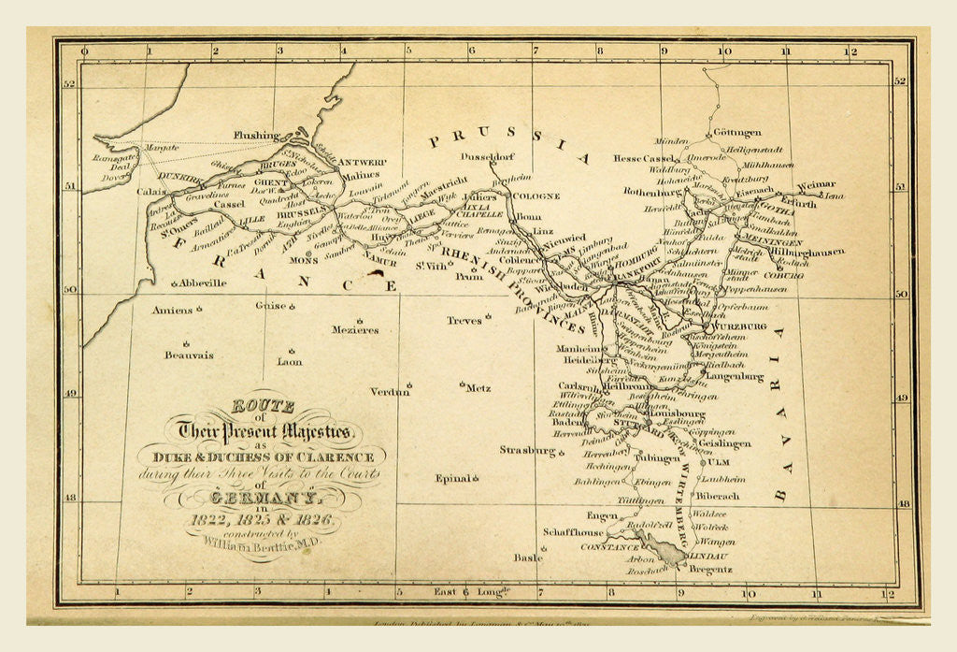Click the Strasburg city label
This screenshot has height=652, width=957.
coord(527,450)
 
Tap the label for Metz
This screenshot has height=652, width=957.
coord(478,387)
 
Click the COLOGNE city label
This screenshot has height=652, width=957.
coord(536,196)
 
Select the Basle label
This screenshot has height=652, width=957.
coord(527,557)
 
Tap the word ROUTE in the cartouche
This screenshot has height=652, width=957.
coord(263,406)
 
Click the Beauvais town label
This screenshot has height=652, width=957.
coord(189,355)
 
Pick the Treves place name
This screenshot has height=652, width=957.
coord(464,320)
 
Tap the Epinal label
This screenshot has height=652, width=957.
coord(452,478)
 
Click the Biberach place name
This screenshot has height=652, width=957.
coord(718,496)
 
